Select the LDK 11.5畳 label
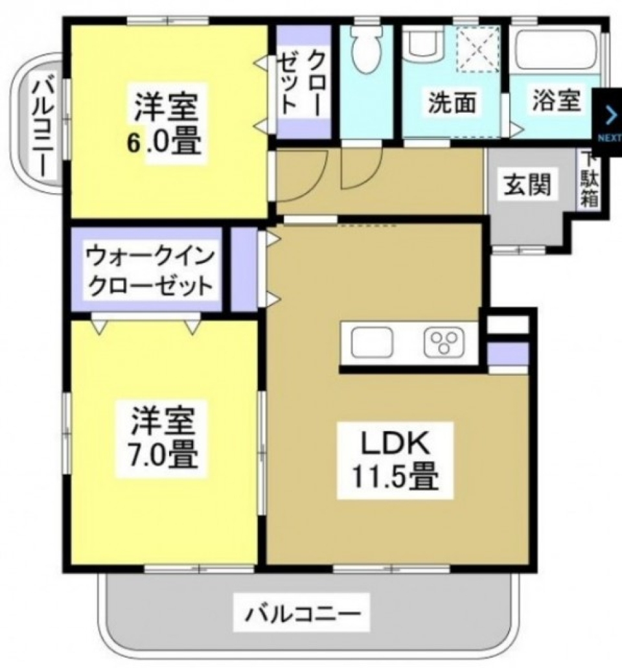click(395, 462)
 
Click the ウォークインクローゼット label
click(150, 273)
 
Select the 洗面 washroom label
click(452, 102)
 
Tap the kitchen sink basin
click(373, 342)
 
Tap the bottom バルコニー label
click(302, 612)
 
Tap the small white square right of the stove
click(507, 324)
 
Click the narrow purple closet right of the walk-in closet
click(244, 269)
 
